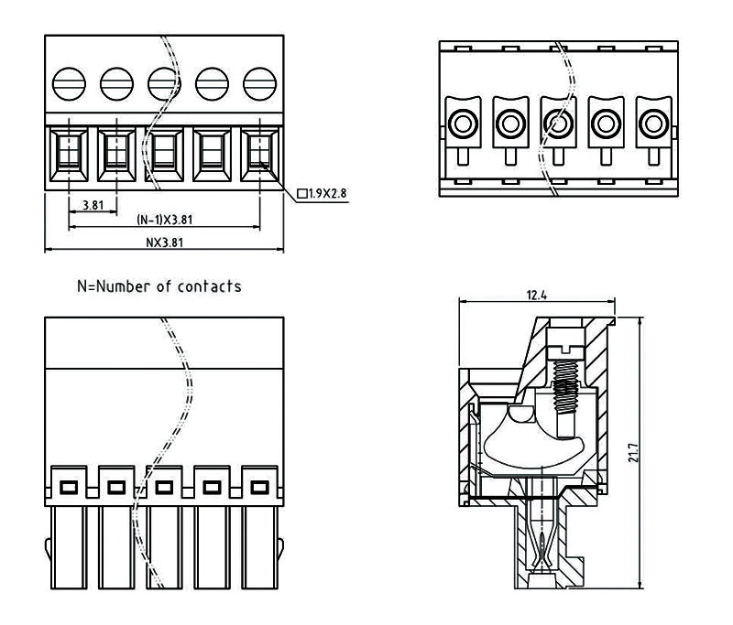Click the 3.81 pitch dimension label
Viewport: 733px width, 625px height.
tap(92, 205)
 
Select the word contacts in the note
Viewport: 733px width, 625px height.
tap(210, 286)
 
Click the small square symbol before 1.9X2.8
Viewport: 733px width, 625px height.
tap(304, 194)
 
